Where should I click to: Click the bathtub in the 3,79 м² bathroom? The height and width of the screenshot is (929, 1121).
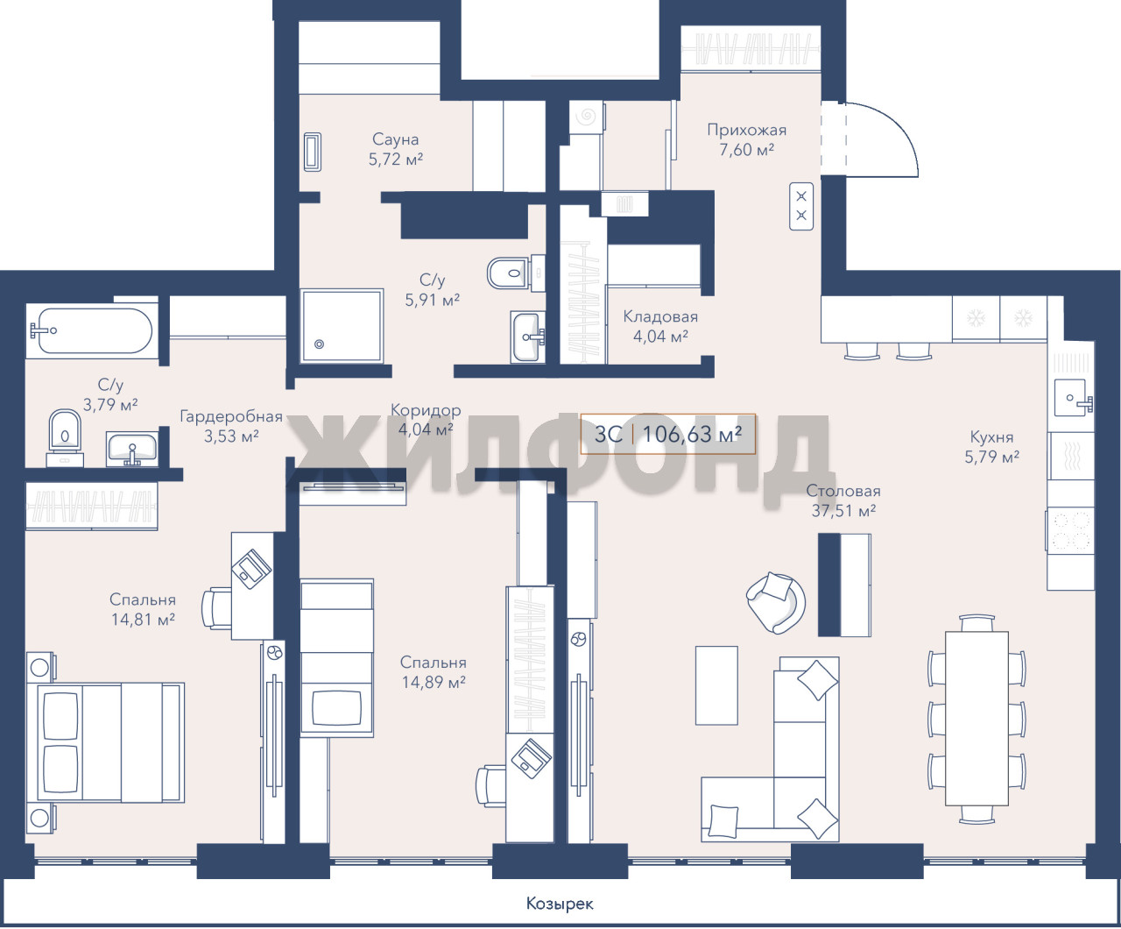[92, 331]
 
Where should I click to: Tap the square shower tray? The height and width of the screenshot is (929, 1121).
[342, 326]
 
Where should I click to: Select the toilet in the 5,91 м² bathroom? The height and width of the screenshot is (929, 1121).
[509, 273]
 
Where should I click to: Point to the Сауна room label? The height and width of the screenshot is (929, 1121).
[395, 139]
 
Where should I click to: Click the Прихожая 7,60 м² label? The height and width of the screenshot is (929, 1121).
[746, 139]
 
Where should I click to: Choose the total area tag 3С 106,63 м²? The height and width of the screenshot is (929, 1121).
[668, 434]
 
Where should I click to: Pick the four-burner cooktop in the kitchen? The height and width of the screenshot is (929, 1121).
[1070, 531]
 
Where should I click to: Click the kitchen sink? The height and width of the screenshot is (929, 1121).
[1072, 398]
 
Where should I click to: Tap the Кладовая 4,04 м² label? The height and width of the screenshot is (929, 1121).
[660, 327]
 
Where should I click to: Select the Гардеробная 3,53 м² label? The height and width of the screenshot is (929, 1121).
[231, 426]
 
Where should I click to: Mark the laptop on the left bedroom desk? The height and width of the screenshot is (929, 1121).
[251, 569]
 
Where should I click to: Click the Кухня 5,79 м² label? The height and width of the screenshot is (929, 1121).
[991, 447]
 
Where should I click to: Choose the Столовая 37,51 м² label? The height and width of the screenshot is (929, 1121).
[843, 500]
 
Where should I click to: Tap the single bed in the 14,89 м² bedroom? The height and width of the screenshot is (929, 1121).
[336, 657]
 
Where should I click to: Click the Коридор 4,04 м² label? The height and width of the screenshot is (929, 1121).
[426, 420]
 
